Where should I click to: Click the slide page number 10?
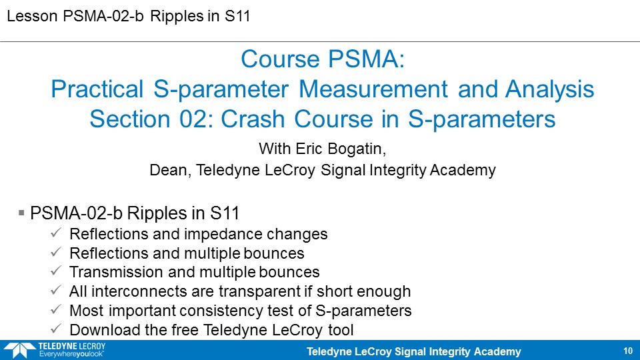628,351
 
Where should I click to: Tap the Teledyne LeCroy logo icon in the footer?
19,351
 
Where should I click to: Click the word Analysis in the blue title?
549,89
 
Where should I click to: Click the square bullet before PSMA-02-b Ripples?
21,213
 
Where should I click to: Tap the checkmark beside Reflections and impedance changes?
56,233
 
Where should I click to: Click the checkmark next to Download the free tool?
56,328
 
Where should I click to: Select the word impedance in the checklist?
223,234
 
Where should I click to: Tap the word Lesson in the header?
32,16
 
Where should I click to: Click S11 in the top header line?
237,16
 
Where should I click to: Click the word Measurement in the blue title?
373,89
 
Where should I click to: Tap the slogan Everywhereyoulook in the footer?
71,354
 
